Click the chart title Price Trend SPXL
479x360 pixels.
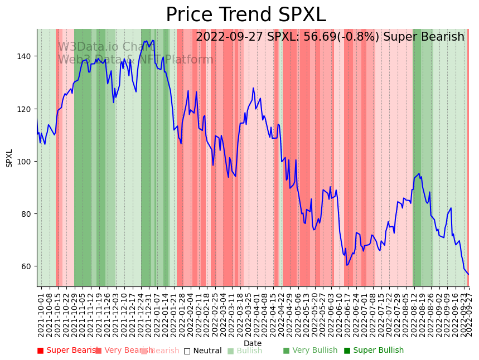click(x=245, y=15)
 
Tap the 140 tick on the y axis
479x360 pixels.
click(x=26, y=56)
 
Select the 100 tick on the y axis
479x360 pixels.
click(x=26, y=162)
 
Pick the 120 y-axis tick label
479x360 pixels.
click(x=26, y=109)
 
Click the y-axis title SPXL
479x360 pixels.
click(x=9, y=158)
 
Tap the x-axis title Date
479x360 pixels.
click(x=253, y=343)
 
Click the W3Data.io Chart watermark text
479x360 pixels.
click(x=106, y=47)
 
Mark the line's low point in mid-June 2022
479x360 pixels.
click(x=347, y=265)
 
